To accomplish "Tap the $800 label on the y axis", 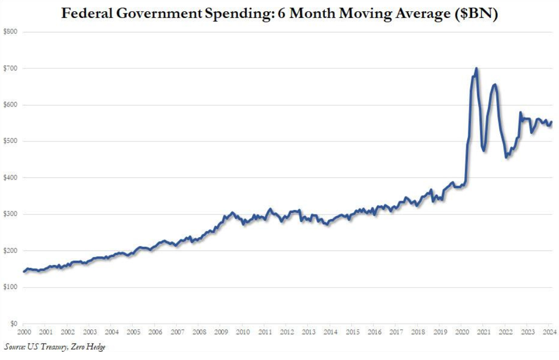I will (10, 32).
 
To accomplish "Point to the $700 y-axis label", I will (10, 68).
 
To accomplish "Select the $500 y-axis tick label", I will (10, 141).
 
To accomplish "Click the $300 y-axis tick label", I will (10, 214).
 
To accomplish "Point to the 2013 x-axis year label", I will (308, 333).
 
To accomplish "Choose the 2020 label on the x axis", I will (462, 333).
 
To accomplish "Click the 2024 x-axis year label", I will (549, 333).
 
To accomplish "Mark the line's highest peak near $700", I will (476, 68).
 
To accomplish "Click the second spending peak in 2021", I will (495, 84).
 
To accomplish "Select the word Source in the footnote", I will (15, 348).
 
